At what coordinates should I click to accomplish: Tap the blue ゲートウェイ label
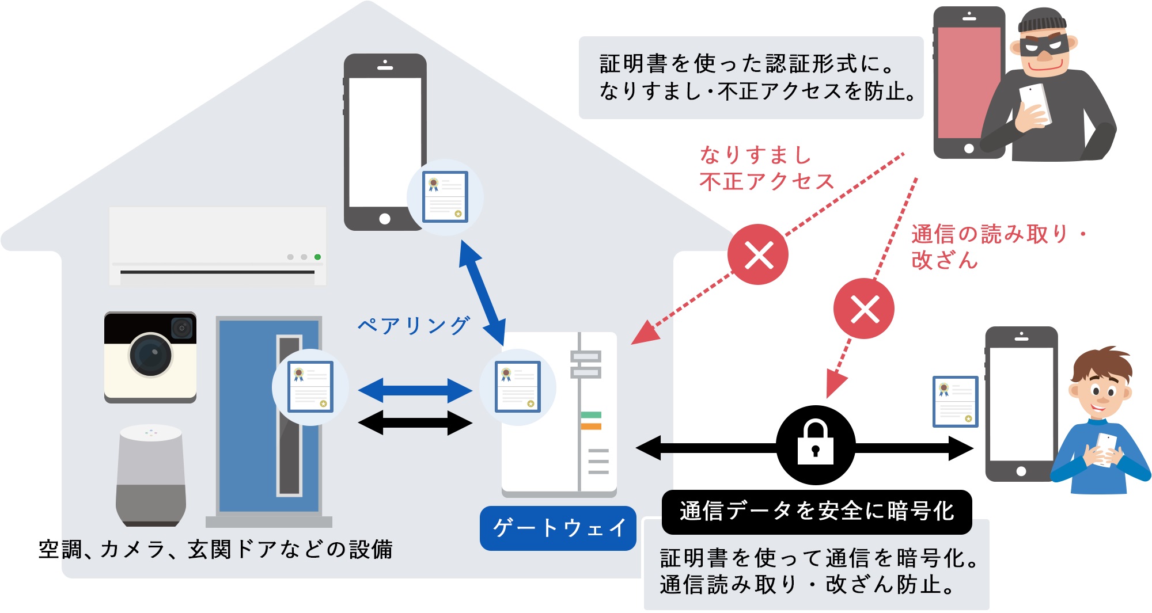[558, 528]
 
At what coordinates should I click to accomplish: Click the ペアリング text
[414, 326]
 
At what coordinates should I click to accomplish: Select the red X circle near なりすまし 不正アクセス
[758, 254]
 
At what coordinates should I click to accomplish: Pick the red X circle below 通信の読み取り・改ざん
[863, 309]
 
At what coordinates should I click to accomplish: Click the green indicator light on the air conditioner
[317, 257]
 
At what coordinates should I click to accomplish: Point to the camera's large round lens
[151, 355]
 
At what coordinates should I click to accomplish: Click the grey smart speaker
[151, 475]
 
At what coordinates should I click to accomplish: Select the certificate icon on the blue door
[310, 387]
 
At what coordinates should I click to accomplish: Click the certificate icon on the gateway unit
[518, 387]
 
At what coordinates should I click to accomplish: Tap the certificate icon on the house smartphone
[445, 197]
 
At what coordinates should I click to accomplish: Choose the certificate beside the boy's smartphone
[956, 401]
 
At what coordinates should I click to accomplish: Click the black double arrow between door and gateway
[415, 423]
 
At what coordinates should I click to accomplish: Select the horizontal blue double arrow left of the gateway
[415, 391]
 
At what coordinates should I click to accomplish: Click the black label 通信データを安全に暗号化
[817, 512]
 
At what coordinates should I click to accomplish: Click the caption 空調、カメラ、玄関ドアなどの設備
[215, 549]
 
